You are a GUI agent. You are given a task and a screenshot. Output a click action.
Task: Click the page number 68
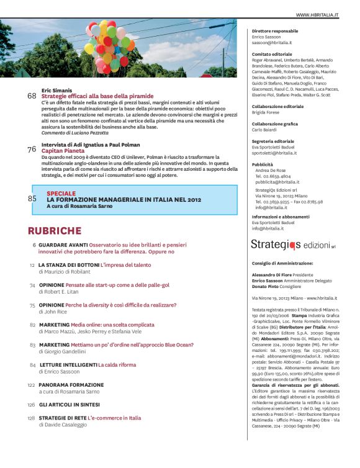click(32, 96)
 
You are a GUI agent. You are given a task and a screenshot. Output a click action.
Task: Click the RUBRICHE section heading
click(55, 231)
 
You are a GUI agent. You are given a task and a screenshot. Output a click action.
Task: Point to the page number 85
click(32, 199)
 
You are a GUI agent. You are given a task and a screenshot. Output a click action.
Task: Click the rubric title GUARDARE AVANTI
click(65, 245)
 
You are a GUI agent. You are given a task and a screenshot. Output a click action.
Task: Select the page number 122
click(30, 385)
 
